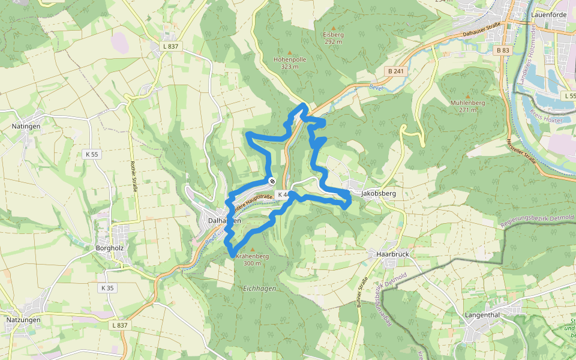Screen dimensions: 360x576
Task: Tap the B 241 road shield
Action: (396, 71)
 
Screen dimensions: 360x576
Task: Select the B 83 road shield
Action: (503, 51)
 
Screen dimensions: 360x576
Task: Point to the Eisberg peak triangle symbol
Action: (333, 28)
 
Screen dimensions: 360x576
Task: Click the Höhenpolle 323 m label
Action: (289, 63)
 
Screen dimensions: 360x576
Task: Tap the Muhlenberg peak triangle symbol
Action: (467, 95)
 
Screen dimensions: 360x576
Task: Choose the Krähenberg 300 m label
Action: (252, 259)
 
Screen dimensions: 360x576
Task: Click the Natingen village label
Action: (26, 127)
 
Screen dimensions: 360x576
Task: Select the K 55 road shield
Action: (91, 154)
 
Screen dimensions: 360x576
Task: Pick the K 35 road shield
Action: (107, 288)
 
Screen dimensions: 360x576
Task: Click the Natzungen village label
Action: (23, 320)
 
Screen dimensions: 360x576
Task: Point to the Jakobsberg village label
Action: (379, 194)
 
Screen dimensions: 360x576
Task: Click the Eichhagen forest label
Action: (259, 289)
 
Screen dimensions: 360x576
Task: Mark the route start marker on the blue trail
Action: (272, 181)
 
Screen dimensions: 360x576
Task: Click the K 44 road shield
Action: (283, 194)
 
